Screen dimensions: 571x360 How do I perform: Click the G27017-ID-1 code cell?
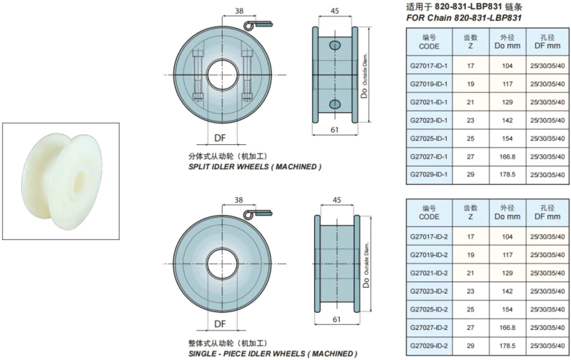click(429, 66)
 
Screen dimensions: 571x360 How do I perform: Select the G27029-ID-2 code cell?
click(429, 346)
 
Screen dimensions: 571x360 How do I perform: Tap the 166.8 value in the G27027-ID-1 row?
click(507, 156)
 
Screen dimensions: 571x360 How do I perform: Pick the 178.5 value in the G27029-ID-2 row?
click(507, 346)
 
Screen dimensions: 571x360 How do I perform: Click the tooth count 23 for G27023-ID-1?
click(470, 120)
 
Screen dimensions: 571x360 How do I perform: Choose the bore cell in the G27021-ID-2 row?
click(547, 274)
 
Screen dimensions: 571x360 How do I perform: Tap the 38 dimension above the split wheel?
click(239, 11)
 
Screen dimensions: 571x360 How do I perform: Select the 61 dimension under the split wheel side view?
click(334, 130)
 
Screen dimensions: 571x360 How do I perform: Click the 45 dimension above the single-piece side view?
click(337, 200)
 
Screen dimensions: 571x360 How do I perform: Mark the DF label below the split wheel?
click(220, 138)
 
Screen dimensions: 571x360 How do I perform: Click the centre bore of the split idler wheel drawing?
click(223, 75)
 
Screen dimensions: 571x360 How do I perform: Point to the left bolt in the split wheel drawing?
click(198, 75)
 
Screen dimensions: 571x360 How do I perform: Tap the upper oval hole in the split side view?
click(335, 45)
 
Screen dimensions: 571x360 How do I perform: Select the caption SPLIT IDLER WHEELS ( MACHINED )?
click(255, 167)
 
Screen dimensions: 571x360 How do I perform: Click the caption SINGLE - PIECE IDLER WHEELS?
click(247, 354)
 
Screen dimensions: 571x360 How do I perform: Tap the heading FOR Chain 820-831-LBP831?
click(464, 18)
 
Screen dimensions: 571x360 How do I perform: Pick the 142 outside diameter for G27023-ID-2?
click(507, 291)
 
